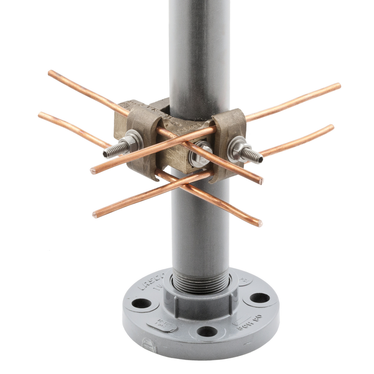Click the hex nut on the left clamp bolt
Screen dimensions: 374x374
tap(131, 143)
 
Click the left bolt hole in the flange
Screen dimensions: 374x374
tap(141, 303)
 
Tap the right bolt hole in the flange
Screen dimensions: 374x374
tap(260, 298)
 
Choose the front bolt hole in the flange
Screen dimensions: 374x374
tap(207, 331)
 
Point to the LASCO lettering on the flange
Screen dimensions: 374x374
tap(150, 282)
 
